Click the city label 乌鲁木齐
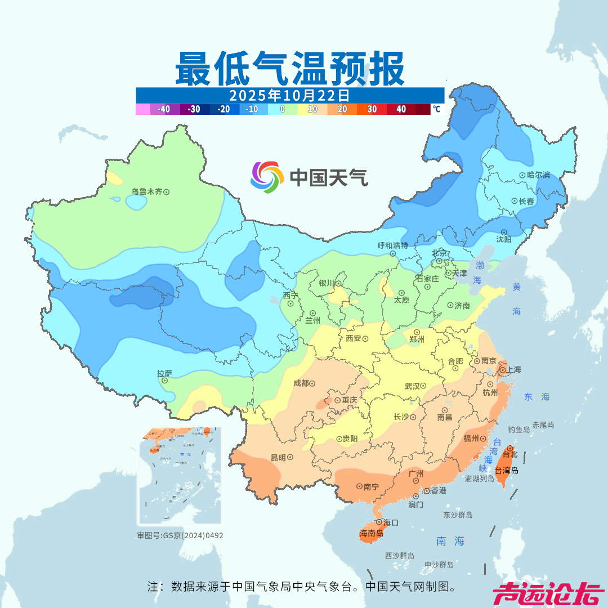click(x=147, y=191)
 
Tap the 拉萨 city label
click(x=164, y=373)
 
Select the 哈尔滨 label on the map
click(x=539, y=175)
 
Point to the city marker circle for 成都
click(x=313, y=383)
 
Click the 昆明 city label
click(x=278, y=457)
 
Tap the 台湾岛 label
click(x=507, y=470)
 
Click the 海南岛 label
click(x=371, y=533)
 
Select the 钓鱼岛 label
click(x=518, y=430)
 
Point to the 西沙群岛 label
click(x=400, y=556)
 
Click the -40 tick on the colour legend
click(x=164, y=109)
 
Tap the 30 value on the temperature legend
click(x=372, y=109)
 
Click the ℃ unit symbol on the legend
click(x=436, y=109)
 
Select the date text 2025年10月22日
click(x=289, y=95)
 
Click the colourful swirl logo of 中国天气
click(x=266, y=177)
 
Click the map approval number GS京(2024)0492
click(x=180, y=535)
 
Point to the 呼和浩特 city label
click(x=392, y=245)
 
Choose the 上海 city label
click(x=513, y=370)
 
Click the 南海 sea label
click(x=450, y=541)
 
